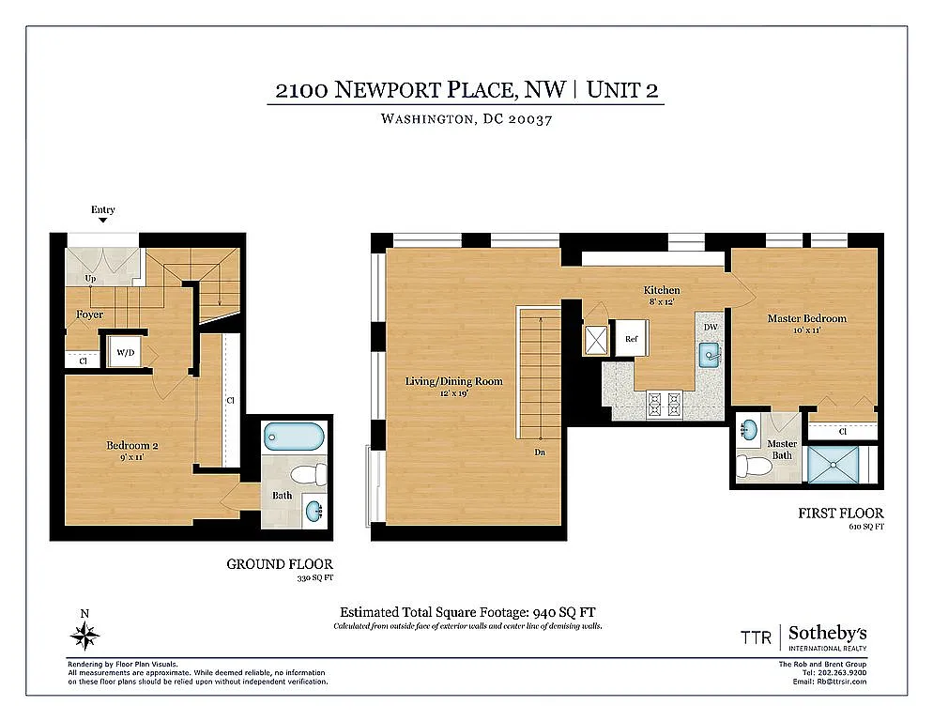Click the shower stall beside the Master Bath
[834, 465]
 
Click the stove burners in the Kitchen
[664, 405]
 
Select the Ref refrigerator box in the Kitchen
[632, 338]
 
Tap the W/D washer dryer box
[125, 353]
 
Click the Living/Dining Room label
[453, 381]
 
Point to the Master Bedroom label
[806, 318]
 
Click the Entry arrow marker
[103, 220]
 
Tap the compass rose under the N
[84, 637]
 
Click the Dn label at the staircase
[541, 452]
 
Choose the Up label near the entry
[89, 279]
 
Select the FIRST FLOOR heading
[840, 514]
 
